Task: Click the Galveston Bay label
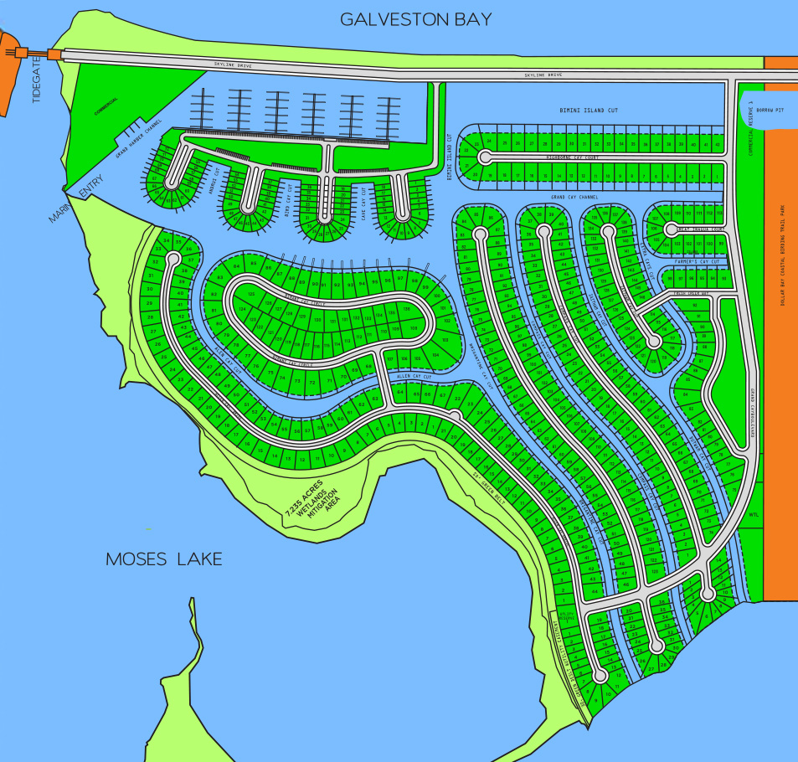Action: click(x=415, y=19)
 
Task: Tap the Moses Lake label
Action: click(x=164, y=559)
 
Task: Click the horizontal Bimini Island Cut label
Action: click(x=594, y=111)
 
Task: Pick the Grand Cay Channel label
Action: click(x=574, y=197)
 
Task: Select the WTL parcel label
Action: click(x=753, y=515)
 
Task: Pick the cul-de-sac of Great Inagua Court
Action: click(x=670, y=228)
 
